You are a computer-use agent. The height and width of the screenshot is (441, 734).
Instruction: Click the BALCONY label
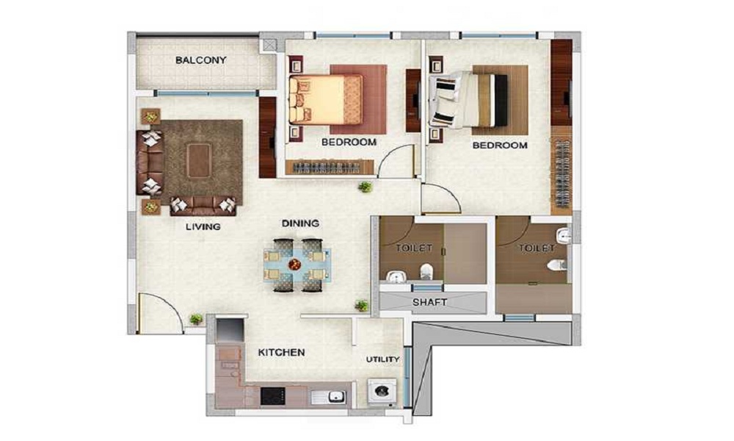(x=201, y=60)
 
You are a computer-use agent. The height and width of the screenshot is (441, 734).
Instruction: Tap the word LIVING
(x=203, y=227)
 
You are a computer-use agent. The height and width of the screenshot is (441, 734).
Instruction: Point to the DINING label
(x=300, y=223)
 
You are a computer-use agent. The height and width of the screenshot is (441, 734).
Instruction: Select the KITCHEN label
(x=281, y=352)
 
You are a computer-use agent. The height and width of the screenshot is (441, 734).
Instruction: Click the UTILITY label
(x=383, y=359)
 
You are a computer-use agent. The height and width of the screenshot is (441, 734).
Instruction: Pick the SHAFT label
(x=429, y=303)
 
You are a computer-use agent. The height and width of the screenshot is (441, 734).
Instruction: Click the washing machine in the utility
(x=382, y=390)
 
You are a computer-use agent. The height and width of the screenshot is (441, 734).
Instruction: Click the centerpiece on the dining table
(x=294, y=265)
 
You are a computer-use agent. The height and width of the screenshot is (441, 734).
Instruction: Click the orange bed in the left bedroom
(x=325, y=99)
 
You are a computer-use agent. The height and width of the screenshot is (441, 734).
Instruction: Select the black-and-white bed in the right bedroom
(x=468, y=99)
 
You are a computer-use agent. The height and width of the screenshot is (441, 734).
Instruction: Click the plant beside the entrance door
(x=196, y=319)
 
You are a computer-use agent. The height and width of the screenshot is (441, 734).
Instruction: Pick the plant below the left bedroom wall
(x=365, y=187)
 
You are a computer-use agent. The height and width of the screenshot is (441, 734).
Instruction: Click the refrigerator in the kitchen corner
(x=229, y=331)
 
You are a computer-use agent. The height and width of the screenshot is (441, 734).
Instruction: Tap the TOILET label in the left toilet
(x=414, y=248)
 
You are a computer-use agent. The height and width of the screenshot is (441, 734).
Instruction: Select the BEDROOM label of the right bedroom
(x=500, y=146)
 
